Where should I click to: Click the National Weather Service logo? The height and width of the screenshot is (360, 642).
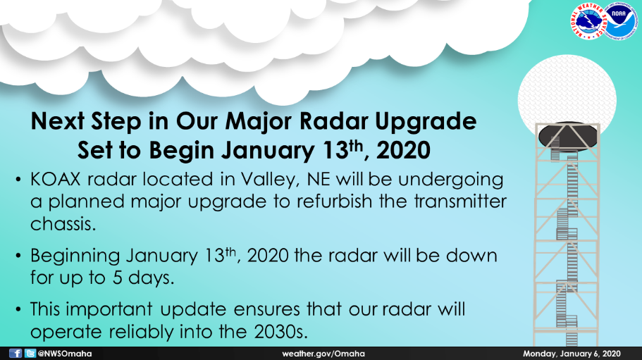(x=588, y=21)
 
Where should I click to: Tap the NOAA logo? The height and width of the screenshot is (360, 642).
(x=619, y=22)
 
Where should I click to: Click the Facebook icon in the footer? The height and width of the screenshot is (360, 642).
(x=15, y=354)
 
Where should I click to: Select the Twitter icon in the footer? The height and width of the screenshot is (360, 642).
(x=30, y=354)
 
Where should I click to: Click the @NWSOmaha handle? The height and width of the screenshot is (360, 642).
(x=65, y=354)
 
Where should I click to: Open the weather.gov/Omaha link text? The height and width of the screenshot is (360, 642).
(x=323, y=354)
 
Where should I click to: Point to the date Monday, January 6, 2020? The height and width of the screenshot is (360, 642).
(x=572, y=354)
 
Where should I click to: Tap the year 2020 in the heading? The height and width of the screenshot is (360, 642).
(x=403, y=150)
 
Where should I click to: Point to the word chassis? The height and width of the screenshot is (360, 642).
(x=63, y=224)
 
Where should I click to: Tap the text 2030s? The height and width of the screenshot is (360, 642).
(x=280, y=331)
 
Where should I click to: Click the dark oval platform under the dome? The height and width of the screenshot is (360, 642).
(x=567, y=137)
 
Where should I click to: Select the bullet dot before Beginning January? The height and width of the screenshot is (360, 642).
(x=18, y=256)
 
